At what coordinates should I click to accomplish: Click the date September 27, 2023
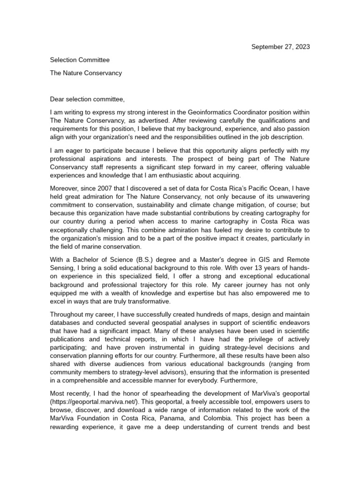[281, 47]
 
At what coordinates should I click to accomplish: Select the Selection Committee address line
[80, 60]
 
